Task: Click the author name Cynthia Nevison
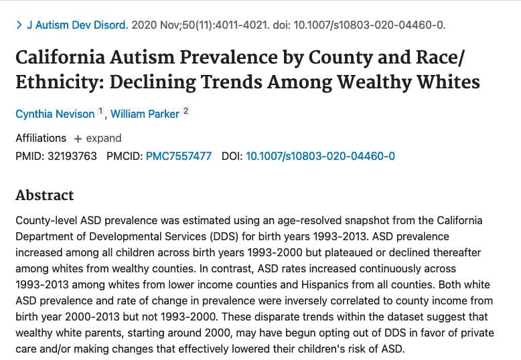(x=56, y=114)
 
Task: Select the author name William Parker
(x=145, y=114)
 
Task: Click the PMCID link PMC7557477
(x=178, y=156)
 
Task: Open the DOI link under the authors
(x=320, y=156)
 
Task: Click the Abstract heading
(x=44, y=195)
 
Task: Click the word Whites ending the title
(x=449, y=82)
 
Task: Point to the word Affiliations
(x=41, y=138)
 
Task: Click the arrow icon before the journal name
(x=19, y=25)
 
